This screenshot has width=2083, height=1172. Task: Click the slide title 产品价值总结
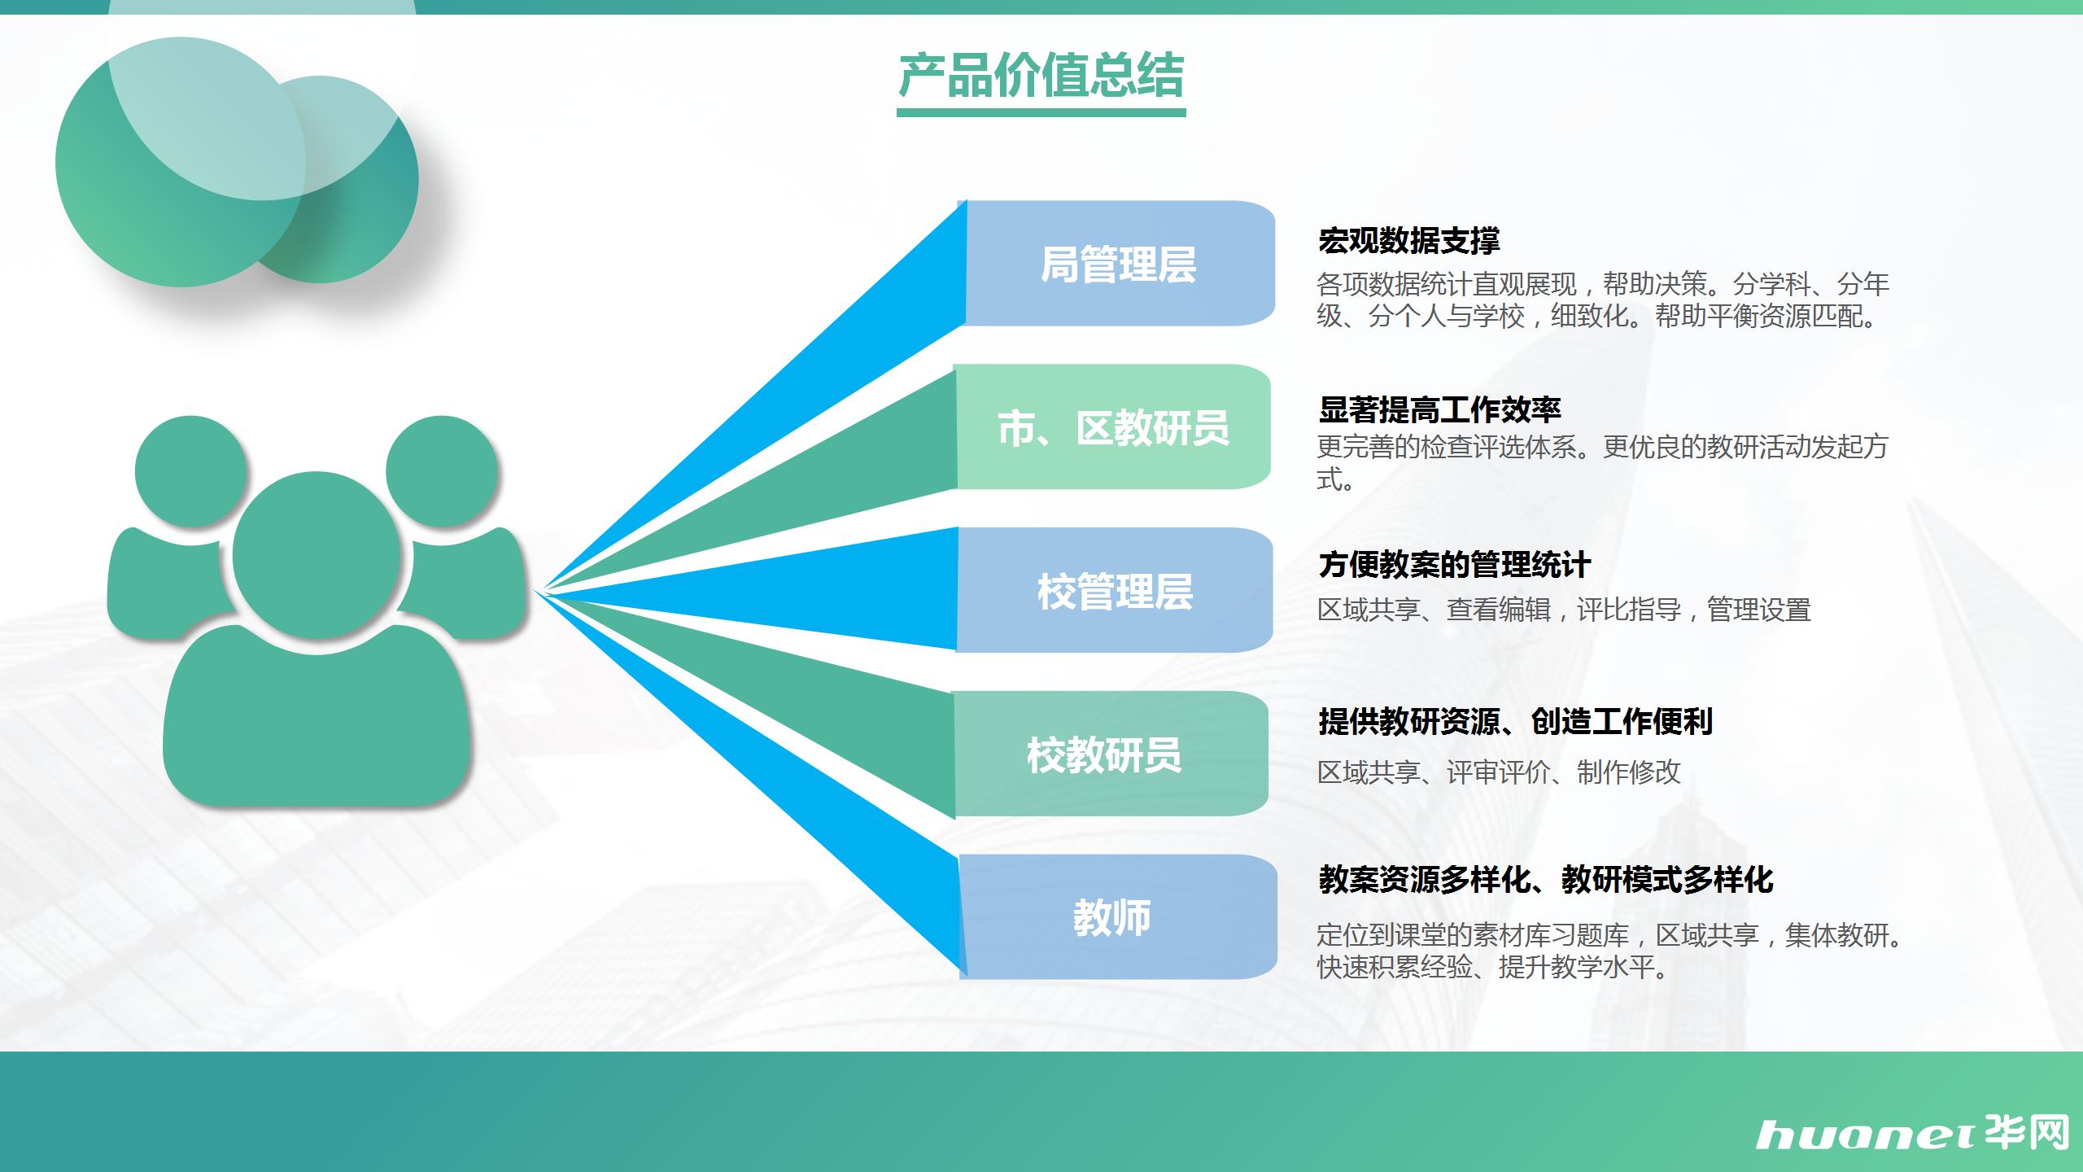1041,76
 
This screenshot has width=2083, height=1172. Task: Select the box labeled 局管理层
1120,264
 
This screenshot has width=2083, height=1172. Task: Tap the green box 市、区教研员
1112,427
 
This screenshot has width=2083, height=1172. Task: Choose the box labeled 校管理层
1115,590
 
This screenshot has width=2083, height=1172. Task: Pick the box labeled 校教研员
1111,754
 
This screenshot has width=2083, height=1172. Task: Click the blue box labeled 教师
1118,916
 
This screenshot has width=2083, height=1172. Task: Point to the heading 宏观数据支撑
1408,240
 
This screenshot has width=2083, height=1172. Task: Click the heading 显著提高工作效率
1439,409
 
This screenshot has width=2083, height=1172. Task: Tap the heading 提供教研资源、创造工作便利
1515,721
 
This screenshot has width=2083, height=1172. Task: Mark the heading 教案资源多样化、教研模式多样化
1545,879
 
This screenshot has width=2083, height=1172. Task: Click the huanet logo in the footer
1912,1134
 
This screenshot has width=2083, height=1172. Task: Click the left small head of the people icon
190,471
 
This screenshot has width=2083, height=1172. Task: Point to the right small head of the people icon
442,471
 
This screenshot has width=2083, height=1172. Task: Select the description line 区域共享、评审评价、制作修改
1499,772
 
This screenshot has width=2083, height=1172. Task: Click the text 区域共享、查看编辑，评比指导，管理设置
1564,609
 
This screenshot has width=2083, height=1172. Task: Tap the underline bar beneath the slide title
1041,112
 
